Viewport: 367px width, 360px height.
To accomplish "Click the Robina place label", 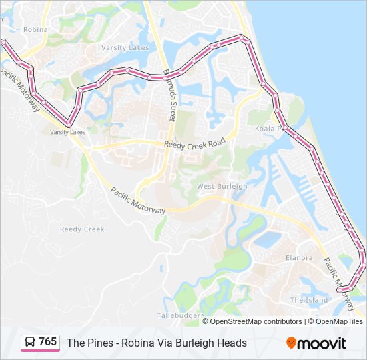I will pos(35,29).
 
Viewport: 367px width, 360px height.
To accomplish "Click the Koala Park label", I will pos(270,129).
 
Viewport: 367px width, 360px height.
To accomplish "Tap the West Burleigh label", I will pos(222,186).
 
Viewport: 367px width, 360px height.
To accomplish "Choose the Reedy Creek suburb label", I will pos(82,229).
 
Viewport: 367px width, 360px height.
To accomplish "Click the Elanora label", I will pos(298,257).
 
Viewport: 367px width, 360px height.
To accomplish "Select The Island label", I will pos(309,300).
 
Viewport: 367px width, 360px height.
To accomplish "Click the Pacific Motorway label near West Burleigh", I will pos(138,201).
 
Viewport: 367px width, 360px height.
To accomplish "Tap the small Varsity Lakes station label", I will pos(68,132).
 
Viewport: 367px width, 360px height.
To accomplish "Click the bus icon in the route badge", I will pos(30,343).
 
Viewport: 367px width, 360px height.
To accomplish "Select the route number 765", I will pos(48,342).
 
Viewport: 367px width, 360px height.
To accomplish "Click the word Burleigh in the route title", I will pos(200,343).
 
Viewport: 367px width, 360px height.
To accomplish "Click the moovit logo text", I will pos(322,343).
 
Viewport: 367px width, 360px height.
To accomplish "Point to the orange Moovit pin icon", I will pos(291,343).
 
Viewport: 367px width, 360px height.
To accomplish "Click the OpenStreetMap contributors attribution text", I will pos(256,321).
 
